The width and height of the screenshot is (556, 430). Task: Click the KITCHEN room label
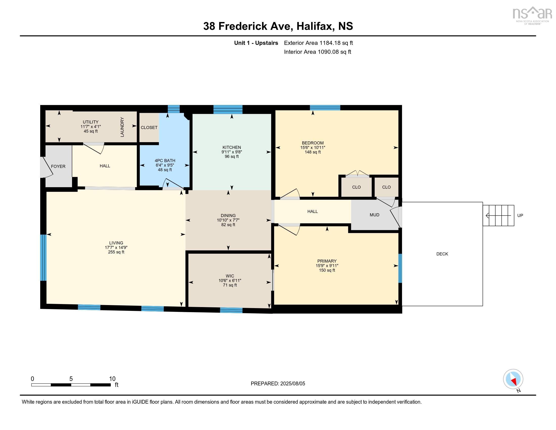[x=231, y=147]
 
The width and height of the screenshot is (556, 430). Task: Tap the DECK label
[x=442, y=254]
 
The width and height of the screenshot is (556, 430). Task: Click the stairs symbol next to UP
[x=498, y=216]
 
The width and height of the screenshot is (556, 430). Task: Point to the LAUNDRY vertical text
[x=122, y=127]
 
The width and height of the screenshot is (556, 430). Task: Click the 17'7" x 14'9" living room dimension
[x=116, y=247]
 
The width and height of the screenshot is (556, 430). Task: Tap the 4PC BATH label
[x=165, y=160]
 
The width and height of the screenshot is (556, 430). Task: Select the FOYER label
[x=58, y=166]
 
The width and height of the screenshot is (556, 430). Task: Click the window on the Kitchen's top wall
[x=228, y=109]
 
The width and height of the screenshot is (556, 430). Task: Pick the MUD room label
[x=375, y=215]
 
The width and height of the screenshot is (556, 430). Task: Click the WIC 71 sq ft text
[x=230, y=285]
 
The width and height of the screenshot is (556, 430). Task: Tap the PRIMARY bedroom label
[x=327, y=261]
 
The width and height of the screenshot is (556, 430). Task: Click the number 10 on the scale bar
[x=112, y=379]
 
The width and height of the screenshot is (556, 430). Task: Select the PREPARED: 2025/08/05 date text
[x=278, y=383]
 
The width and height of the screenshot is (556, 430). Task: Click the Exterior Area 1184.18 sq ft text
[x=318, y=43]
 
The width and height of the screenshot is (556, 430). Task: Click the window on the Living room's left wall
[x=43, y=257]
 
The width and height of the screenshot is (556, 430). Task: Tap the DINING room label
[x=228, y=216]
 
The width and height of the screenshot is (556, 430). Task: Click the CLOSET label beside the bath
[x=149, y=127]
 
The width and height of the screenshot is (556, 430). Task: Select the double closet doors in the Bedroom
[x=357, y=174]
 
